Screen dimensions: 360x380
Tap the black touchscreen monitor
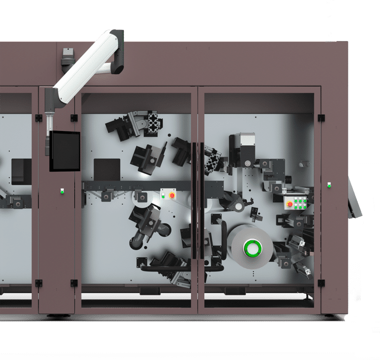point(64,151)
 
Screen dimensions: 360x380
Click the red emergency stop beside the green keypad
point(290,204)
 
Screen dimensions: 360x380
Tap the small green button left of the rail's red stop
point(163,195)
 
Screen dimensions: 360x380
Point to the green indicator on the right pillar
point(329,185)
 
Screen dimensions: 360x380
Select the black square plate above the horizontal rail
point(107,169)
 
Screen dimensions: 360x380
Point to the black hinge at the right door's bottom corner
point(321,283)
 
